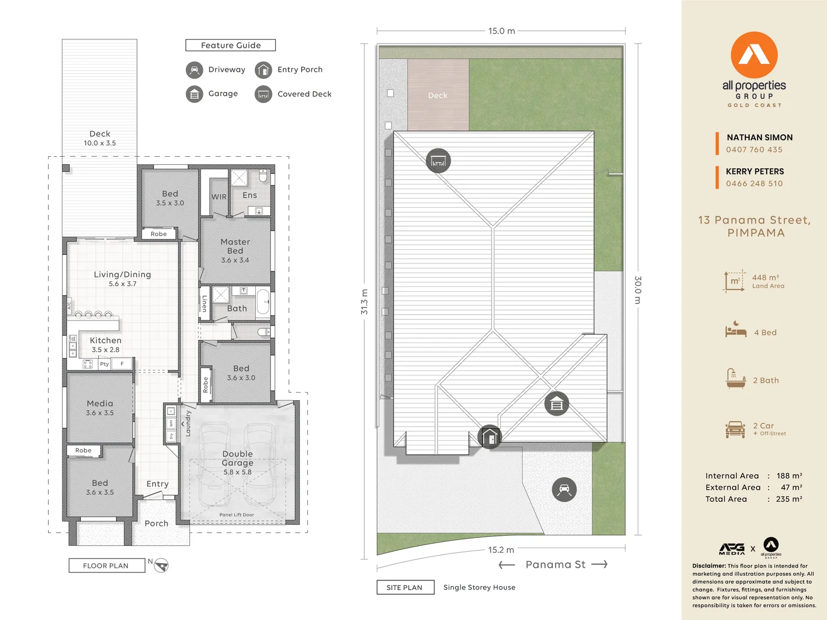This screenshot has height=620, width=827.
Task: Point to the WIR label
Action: point(219,197)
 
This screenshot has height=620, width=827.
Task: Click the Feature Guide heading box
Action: point(231,45)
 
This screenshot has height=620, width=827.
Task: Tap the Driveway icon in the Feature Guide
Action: point(194,70)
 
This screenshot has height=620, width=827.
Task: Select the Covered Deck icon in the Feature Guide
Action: point(263,94)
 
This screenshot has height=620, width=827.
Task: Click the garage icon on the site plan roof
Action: point(556,404)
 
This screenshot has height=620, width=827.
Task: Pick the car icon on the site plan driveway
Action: point(564,490)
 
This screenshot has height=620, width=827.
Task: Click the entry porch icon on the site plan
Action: point(490,437)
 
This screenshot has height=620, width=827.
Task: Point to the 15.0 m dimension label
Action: point(501,31)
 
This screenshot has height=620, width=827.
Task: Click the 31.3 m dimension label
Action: point(364,302)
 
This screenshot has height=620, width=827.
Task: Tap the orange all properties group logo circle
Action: point(754,55)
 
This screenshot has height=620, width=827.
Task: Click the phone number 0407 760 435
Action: point(754,150)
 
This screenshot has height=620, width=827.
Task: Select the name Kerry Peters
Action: point(755,172)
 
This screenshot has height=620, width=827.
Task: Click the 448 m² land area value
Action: point(765,278)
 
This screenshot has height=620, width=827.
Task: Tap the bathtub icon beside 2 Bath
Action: point(735,379)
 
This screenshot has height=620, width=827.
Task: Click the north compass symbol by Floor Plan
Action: point(161,565)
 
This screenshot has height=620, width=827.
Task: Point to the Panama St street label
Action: point(555,564)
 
